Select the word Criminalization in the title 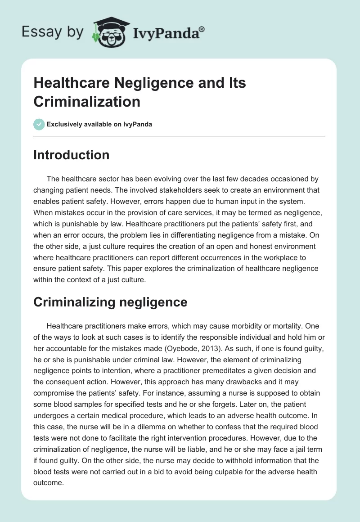87,101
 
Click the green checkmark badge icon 39,124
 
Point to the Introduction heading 72,155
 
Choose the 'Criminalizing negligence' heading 110,302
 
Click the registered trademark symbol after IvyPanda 202,29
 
